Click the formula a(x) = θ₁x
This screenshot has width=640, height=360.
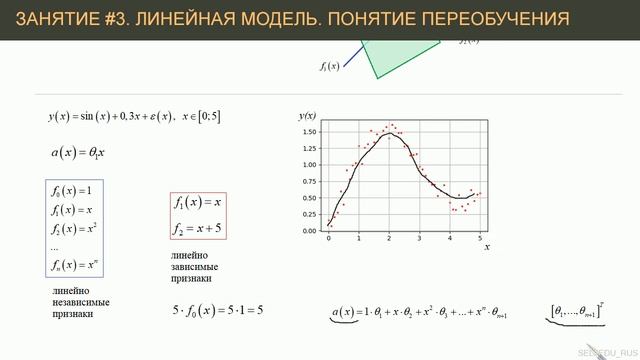pyautogui.click(x=77, y=154)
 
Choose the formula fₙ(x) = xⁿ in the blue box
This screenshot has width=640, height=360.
pyautogui.click(x=75, y=266)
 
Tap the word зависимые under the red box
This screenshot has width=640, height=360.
pyautogui.click(x=194, y=267)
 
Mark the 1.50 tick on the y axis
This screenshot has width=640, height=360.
pyautogui.click(x=310, y=132)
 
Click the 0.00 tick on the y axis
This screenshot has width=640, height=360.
pyautogui.click(x=310, y=230)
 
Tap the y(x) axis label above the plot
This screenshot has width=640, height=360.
pyautogui.click(x=308, y=115)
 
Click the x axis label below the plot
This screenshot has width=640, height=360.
pyautogui.click(x=486, y=246)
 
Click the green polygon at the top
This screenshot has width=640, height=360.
pyautogui.click(x=385, y=55)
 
